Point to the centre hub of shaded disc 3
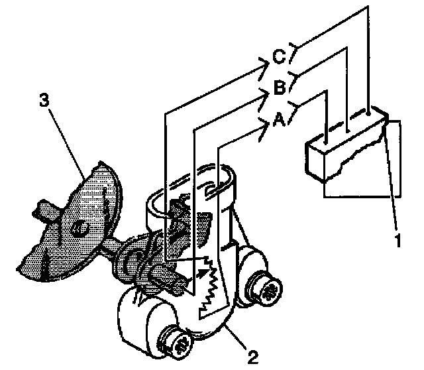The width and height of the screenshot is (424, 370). tap(78, 227)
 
